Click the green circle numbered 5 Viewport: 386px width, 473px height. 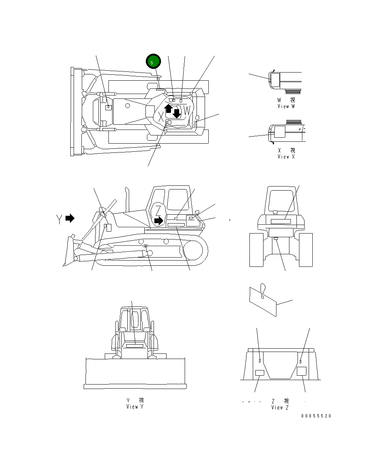point(153,62)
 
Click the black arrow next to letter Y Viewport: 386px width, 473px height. point(70,218)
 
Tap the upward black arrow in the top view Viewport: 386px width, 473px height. point(168,108)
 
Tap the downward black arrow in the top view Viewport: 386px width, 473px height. point(177,113)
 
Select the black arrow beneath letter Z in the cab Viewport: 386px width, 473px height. point(158,221)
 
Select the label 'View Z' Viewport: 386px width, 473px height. point(279,407)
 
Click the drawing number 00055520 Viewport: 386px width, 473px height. point(316,416)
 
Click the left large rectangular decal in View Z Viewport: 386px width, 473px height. point(260,372)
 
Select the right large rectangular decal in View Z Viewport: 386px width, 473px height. point(302,372)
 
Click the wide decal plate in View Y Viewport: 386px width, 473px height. point(135,346)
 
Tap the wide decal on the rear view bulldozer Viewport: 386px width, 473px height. point(281,221)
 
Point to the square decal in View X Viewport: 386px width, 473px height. point(280,131)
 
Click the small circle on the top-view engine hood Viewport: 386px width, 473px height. point(127,105)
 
